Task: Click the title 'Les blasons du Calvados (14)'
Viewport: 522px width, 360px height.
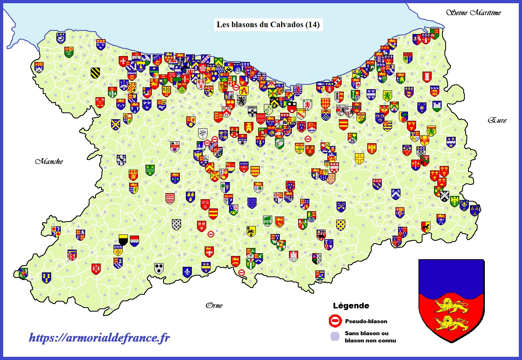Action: point(268,24)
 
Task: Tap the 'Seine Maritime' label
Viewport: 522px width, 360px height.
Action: point(473,13)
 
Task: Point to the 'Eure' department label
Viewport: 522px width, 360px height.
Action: point(497,120)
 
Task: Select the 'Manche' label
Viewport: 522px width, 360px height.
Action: point(49,162)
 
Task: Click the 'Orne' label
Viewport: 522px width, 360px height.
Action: point(214,306)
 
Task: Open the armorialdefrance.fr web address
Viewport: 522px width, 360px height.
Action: point(99,338)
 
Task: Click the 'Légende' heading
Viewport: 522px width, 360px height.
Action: point(351,306)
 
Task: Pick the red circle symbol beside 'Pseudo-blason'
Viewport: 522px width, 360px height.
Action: point(335,320)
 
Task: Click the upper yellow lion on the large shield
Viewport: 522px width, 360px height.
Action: point(451,306)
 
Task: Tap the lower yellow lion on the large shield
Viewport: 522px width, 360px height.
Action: point(451,322)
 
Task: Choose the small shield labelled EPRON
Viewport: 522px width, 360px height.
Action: point(252,111)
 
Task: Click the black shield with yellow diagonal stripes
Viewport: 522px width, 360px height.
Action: point(95,72)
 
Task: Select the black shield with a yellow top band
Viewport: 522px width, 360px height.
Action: point(124,239)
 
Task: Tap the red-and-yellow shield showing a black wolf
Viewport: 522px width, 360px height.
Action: point(426,227)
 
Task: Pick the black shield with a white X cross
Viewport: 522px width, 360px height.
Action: point(444,196)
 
